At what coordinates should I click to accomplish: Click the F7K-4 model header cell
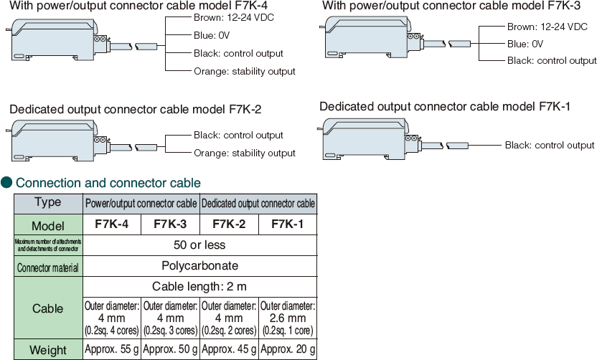112,224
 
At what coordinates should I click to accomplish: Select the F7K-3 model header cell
170,224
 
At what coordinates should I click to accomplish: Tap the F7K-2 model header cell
229,224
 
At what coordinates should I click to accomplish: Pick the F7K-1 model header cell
287,224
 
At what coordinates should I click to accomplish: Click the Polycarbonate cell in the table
199,265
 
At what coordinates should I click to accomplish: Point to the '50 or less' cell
199,245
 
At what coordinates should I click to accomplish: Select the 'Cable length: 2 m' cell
199,286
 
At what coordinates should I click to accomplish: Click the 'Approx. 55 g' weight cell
112,350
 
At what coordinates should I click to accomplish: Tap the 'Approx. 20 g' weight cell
287,350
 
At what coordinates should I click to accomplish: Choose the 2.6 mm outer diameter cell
287,318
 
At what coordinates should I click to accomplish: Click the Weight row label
48,350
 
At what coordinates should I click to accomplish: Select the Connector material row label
48,267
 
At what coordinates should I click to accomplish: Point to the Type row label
48,202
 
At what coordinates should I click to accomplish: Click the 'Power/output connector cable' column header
141,204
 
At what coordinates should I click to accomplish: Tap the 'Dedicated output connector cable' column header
258,204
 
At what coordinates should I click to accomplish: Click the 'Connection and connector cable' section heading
108,183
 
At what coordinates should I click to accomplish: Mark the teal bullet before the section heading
6,183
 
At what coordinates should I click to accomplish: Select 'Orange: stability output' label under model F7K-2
244,153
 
